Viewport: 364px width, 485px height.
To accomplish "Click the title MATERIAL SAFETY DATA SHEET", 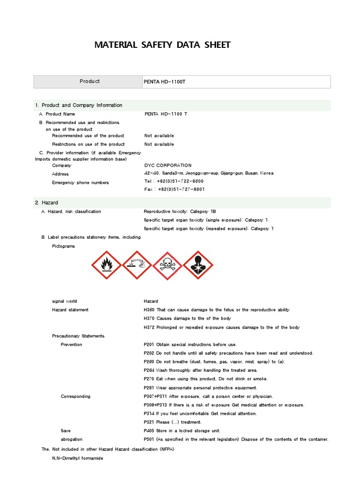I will [x=163, y=45].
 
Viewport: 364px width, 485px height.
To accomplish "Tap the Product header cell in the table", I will [x=90, y=81].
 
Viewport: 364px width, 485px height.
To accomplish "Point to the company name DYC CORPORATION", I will [x=168, y=165].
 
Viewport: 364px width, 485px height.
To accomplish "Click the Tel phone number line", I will [x=174, y=181].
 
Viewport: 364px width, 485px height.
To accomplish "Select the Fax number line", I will [x=174, y=189].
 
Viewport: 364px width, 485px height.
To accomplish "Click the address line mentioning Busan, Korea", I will [x=209, y=173].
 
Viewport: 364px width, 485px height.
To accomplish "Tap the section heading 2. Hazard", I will [x=46, y=203].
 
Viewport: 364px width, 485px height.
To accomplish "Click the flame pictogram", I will [x=107, y=265].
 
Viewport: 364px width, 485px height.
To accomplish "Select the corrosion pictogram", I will [x=137, y=265].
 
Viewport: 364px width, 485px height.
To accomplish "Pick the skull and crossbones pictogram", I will [x=167, y=265].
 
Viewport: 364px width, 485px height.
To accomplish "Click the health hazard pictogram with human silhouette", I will [x=198, y=265].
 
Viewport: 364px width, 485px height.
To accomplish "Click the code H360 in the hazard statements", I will [x=149, y=310].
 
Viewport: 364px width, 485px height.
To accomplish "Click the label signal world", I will [x=64, y=301].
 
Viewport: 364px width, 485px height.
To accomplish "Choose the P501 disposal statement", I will [x=236, y=439].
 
